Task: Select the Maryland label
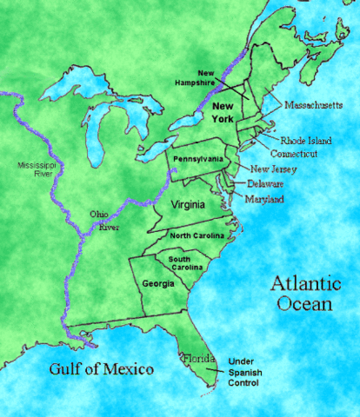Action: click(264, 199)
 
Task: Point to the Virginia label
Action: click(188, 205)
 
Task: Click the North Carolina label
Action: click(197, 236)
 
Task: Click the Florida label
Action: click(192, 357)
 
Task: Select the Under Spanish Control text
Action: click(248, 371)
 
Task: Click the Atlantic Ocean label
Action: click(300, 294)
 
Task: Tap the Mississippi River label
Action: click(34, 170)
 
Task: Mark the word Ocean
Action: click(301, 305)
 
